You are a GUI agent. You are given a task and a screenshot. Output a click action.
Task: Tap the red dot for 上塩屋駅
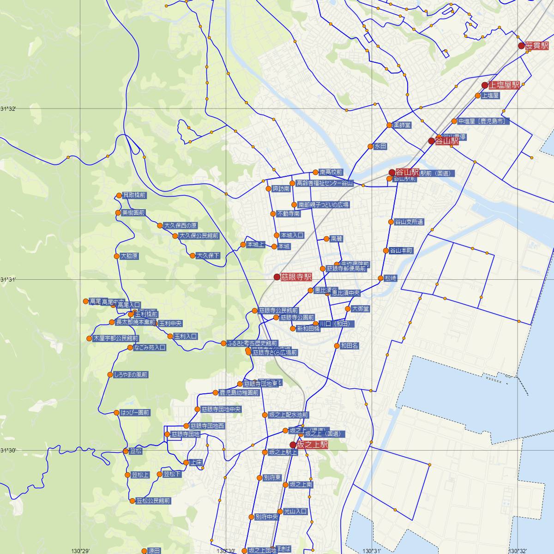pos(485,85)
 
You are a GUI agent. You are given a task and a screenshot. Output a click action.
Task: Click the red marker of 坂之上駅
pos(293,445)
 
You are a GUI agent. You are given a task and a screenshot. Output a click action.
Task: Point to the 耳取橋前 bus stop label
pos(134,195)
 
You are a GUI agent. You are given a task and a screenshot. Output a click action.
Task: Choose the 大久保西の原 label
pos(181,226)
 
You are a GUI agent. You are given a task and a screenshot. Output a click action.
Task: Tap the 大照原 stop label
pos(129,256)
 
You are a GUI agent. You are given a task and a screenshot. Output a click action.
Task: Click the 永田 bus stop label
pos(380,146)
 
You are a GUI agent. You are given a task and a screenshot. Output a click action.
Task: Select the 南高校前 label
pos(331,172)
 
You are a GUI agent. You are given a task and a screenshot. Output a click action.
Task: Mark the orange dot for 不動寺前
pos(273,214)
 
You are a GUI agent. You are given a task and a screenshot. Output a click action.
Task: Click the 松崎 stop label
pos(391,278)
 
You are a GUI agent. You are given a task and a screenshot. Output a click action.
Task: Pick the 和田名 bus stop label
pos(349,345)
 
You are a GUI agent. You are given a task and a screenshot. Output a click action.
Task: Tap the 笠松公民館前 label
pos(153,501)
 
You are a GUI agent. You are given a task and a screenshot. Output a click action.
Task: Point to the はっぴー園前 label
pos(134,413)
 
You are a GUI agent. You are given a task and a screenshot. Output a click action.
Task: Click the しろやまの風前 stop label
pos(131,375)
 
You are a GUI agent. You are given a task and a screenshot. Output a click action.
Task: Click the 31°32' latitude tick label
pos(8,109)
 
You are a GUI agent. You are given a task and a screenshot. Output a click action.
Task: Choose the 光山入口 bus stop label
pos(295,512)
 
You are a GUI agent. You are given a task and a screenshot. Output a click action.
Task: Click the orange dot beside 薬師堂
pos(389,125)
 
